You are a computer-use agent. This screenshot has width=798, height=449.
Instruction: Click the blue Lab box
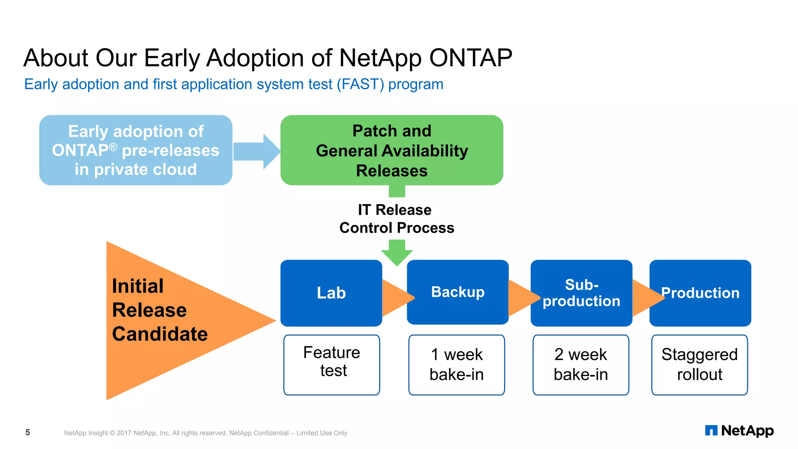point(331,293)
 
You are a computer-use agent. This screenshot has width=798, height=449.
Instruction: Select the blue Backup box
point(457,292)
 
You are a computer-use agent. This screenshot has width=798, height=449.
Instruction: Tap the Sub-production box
point(581,293)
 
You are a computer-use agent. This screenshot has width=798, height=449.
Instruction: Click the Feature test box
point(332,364)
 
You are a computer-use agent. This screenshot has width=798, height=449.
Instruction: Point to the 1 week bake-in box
point(457,364)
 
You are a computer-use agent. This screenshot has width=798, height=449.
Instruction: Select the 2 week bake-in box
point(581,364)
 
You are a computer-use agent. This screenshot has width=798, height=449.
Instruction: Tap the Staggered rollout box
point(699,364)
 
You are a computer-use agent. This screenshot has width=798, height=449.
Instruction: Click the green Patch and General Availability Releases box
point(392,150)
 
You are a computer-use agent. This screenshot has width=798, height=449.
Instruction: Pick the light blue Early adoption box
point(136,150)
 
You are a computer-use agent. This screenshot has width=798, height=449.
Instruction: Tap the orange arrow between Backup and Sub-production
point(520,297)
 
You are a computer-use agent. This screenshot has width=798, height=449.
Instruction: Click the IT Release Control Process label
point(396,219)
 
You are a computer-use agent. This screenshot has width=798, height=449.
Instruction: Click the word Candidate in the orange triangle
point(160,334)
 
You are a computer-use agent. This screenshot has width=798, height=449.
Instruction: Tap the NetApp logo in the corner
point(739,431)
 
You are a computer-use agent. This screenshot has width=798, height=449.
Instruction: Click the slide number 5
point(28,432)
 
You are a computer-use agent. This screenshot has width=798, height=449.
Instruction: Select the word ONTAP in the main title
point(470,58)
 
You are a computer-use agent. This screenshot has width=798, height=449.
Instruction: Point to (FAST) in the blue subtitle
point(360,84)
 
